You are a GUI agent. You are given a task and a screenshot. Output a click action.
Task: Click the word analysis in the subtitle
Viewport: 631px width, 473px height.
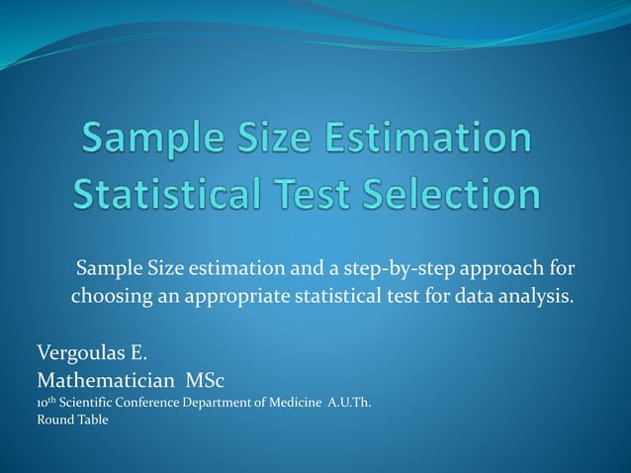(534, 296)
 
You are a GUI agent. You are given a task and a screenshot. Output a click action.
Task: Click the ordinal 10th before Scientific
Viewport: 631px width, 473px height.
(46, 401)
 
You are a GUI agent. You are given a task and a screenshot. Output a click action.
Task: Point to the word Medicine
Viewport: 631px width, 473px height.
(291, 401)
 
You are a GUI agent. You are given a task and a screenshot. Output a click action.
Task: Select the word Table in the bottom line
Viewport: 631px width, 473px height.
(92, 420)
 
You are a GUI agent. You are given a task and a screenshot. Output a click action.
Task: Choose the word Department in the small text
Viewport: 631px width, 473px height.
(219, 401)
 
